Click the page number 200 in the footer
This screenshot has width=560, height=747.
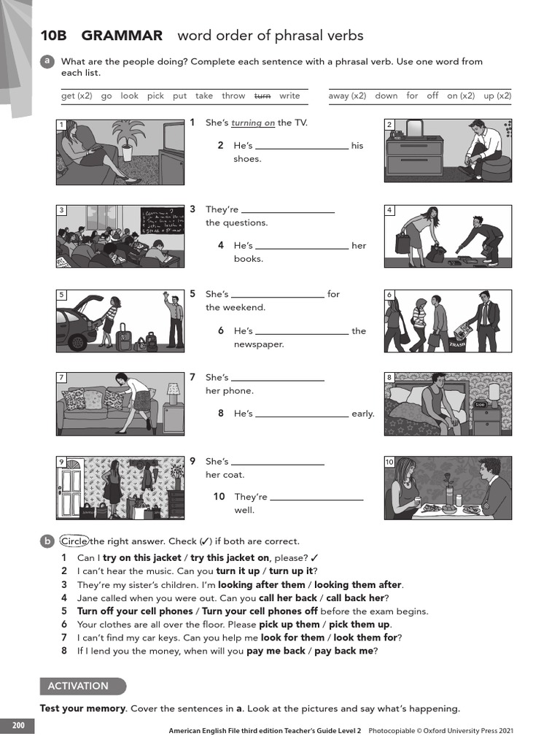(17, 725)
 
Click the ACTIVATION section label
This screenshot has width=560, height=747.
(78, 686)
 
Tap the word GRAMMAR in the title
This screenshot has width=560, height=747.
(122, 36)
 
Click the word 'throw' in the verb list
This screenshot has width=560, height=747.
(233, 96)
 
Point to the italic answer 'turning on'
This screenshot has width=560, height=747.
(253, 123)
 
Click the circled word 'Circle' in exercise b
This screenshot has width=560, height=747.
(74, 541)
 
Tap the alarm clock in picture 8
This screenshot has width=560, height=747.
(480, 405)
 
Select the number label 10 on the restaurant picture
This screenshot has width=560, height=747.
(389, 462)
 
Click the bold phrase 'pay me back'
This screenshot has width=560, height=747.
(276, 651)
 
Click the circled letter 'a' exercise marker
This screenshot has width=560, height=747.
(47, 62)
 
